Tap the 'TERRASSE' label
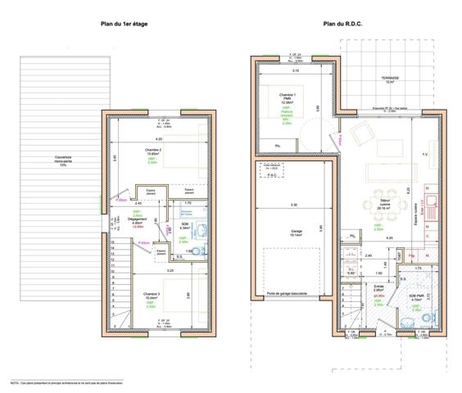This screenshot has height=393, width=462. pyautogui.click(x=390, y=79)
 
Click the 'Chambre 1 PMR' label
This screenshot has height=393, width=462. pyautogui.click(x=287, y=98)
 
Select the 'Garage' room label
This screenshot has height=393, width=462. pyautogui.click(x=294, y=232)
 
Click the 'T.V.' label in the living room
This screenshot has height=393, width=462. pyautogui.click(x=424, y=154)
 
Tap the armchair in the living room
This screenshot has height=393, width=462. pyautogui.click(x=360, y=133)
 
